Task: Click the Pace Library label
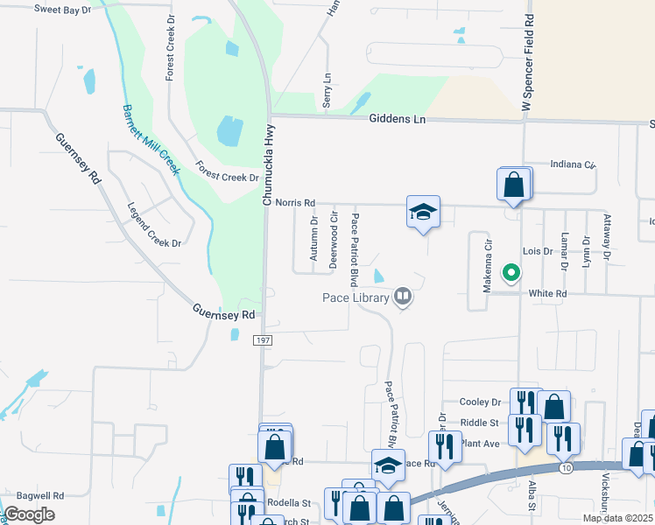(x=354, y=298)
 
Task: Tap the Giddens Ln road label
(x=397, y=119)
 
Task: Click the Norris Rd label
(x=294, y=202)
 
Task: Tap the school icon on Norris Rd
(x=423, y=212)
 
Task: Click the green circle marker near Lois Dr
(x=511, y=273)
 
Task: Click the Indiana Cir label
(x=572, y=164)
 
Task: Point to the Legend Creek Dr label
(x=154, y=225)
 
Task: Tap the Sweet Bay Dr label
(x=63, y=9)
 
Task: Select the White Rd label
(x=548, y=294)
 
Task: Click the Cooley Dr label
(x=480, y=402)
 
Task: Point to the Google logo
(x=30, y=514)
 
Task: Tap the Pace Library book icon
(x=403, y=297)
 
